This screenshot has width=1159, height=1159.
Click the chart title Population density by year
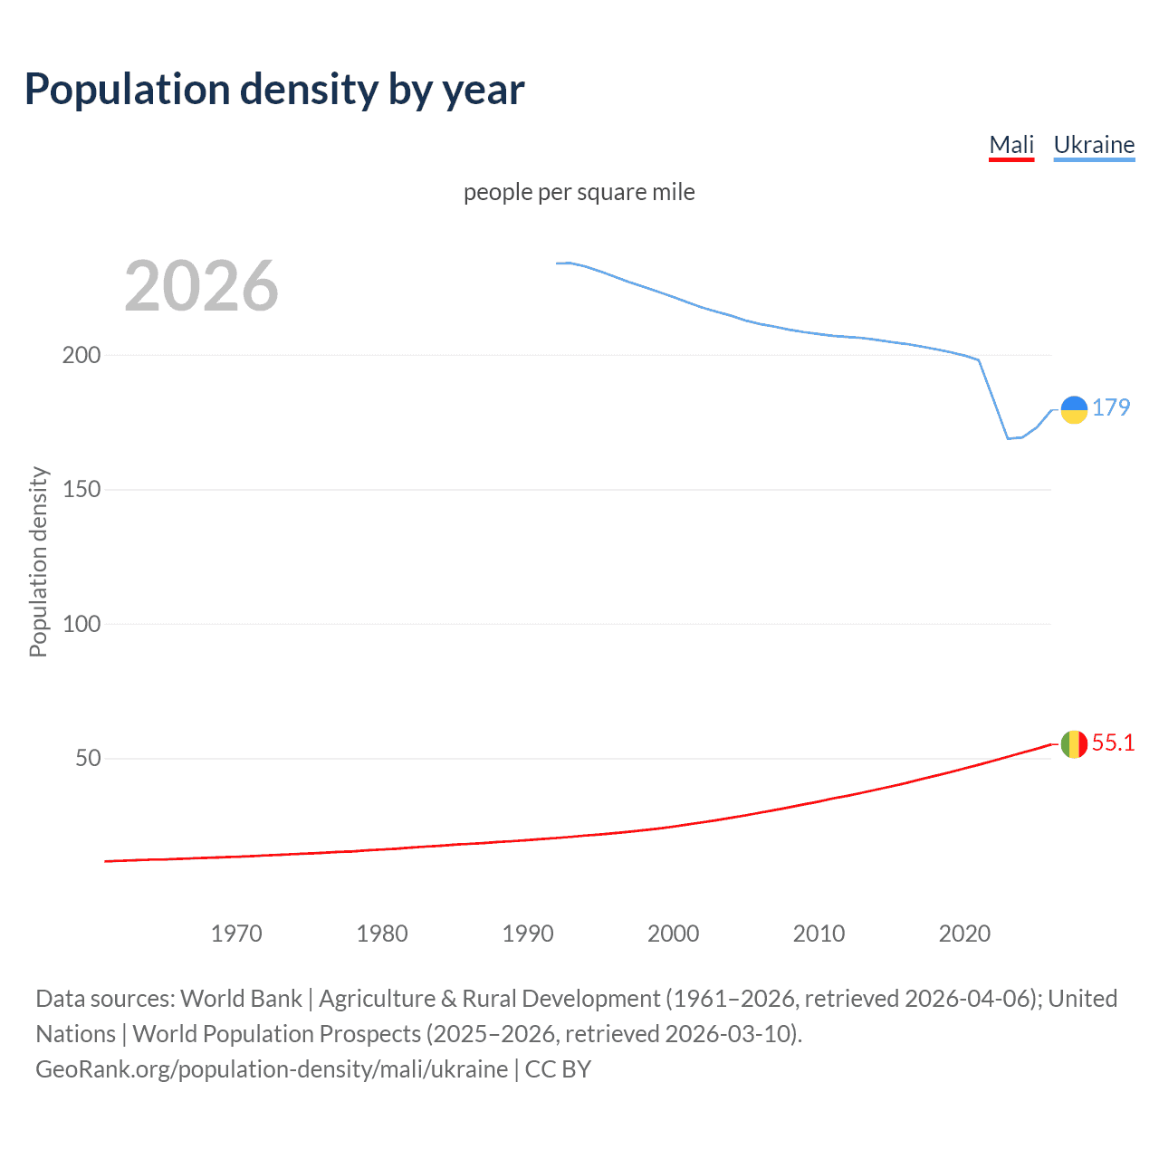tap(274, 90)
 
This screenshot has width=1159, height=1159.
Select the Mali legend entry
tap(1011, 145)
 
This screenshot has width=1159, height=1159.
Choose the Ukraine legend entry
tap(1094, 145)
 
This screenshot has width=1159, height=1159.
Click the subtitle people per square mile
tap(579, 192)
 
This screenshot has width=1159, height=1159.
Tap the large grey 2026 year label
tap(201, 286)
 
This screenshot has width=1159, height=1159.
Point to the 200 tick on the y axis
tap(81, 355)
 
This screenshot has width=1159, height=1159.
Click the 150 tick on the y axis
tap(81, 490)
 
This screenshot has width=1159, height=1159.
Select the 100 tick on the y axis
tap(81, 624)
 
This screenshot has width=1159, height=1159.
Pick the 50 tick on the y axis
tap(88, 759)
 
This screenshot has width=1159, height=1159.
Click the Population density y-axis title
tap(38, 561)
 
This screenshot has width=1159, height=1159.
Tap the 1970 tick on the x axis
tap(236, 934)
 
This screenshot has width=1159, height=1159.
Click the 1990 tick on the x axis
tap(528, 934)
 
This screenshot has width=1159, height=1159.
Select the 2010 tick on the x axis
tap(819, 934)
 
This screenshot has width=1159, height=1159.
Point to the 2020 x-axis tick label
tap(964, 934)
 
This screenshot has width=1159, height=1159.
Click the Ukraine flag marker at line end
tap(1074, 409)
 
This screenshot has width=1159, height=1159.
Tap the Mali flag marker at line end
tap(1074, 744)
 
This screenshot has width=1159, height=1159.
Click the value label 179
tap(1111, 407)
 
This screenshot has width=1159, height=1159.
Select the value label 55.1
tap(1113, 742)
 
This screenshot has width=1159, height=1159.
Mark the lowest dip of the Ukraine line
tap(1008, 438)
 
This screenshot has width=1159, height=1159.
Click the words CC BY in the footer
tap(558, 1069)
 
